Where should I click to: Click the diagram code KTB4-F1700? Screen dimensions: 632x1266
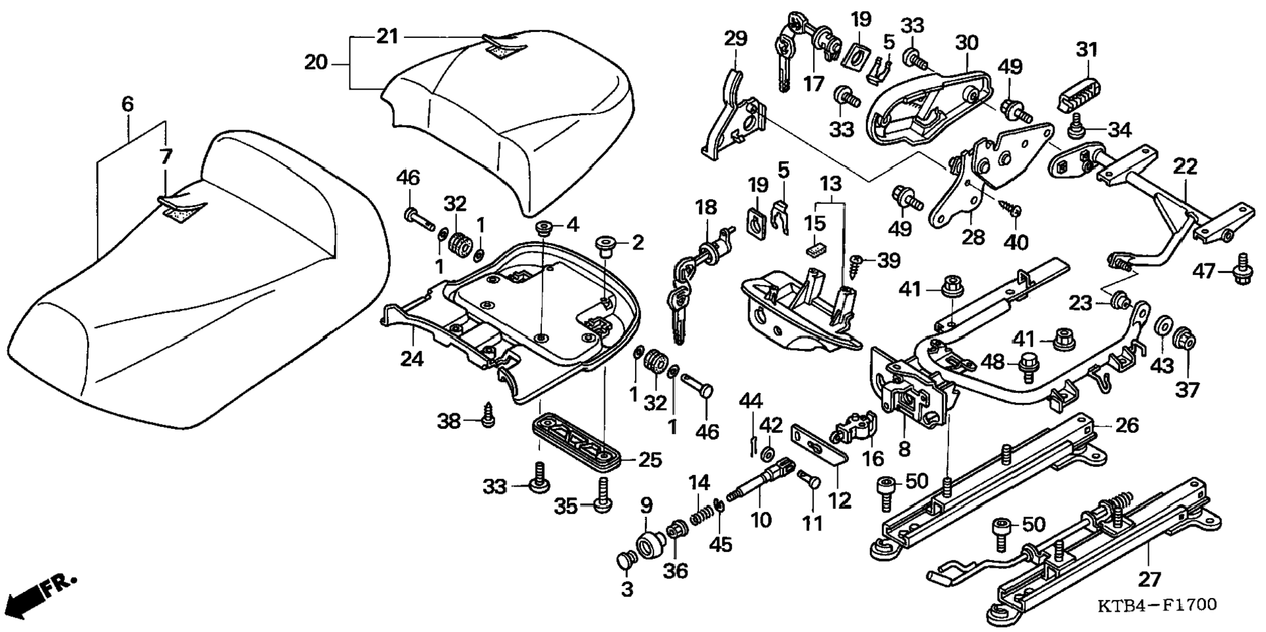(1157, 604)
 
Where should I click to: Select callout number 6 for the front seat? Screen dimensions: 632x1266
(128, 104)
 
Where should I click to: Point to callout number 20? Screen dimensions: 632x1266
(316, 63)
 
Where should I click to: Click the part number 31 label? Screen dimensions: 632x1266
(1087, 49)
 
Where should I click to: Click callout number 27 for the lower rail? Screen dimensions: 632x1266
(1149, 578)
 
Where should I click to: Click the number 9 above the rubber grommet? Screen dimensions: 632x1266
(645, 505)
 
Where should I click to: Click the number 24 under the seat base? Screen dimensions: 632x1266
(412, 358)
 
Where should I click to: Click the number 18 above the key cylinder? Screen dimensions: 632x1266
(706, 208)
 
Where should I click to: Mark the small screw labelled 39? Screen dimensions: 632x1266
(854, 262)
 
